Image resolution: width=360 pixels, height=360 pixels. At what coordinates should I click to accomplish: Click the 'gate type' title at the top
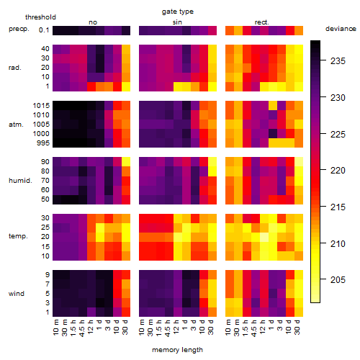(178, 12)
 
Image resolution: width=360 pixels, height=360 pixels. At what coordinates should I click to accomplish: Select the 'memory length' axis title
(177, 350)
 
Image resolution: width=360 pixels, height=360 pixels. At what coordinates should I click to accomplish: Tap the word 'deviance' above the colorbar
(341, 29)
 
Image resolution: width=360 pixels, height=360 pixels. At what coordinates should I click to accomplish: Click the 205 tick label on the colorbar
(338, 279)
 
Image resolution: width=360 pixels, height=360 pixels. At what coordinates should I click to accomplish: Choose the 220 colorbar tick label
(338, 171)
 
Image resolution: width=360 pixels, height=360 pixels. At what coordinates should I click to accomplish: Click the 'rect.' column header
(261, 22)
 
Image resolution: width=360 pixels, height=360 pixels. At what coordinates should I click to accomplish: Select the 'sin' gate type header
(177, 22)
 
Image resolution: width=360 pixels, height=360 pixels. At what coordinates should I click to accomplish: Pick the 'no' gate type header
(93, 22)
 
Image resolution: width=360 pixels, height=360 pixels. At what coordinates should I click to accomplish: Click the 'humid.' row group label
(20, 181)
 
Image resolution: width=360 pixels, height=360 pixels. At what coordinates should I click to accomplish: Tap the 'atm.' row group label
(16, 125)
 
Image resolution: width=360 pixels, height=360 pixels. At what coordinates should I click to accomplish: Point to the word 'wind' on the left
(17, 294)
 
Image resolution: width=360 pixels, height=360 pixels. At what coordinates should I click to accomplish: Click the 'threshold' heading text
(40, 17)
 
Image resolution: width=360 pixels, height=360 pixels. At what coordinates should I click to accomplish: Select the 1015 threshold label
(41, 106)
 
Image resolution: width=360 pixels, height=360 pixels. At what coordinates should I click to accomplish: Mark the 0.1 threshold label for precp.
(44, 30)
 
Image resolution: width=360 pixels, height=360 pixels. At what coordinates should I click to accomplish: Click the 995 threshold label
(43, 143)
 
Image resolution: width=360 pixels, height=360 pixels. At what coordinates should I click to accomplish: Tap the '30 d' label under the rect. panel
(297, 327)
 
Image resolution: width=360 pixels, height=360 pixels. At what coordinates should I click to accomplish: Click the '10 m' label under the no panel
(55, 327)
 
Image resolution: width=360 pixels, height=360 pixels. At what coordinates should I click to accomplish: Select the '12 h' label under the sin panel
(176, 327)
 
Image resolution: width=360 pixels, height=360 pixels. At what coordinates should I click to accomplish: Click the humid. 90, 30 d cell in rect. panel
(299, 162)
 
